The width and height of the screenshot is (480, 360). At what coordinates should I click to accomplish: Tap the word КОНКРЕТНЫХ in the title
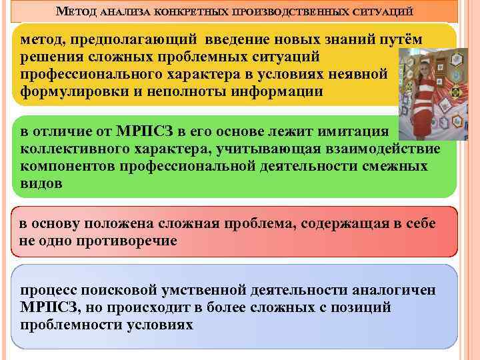tap(189, 13)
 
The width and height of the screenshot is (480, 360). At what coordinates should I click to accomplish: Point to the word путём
tap(399, 40)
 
